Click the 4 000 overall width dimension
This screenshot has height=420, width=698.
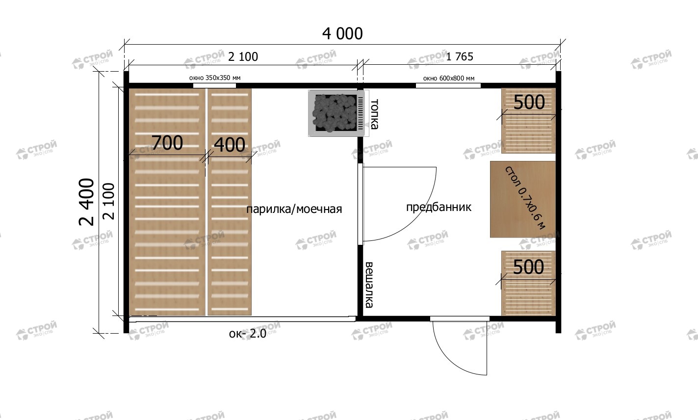tap(342, 34)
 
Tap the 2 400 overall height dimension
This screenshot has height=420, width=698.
tap(87, 202)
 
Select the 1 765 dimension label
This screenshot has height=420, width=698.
tap(460, 57)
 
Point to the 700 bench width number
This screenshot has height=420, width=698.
tap(167, 143)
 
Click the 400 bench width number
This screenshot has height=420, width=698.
tap(230, 145)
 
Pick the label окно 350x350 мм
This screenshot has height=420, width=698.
tap(215, 78)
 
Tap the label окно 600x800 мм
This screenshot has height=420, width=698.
tap(449, 79)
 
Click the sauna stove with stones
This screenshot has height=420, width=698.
tap(336, 113)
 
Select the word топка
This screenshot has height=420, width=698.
tap(374, 114)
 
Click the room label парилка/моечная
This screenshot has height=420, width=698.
tap(294, 209)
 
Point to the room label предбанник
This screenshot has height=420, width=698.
tap(439, 207)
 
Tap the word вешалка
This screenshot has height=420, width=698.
tap(369, 285)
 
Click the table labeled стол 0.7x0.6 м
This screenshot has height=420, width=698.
tap(523, 199)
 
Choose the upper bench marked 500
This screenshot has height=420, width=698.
tap(528, 121)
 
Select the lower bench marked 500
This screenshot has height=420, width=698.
tap(528, 284)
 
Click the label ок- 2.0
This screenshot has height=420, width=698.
tap(247, 334)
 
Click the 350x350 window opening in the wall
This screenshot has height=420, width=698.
tap(214, 86)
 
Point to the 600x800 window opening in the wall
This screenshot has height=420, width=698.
tap(448, 86)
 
